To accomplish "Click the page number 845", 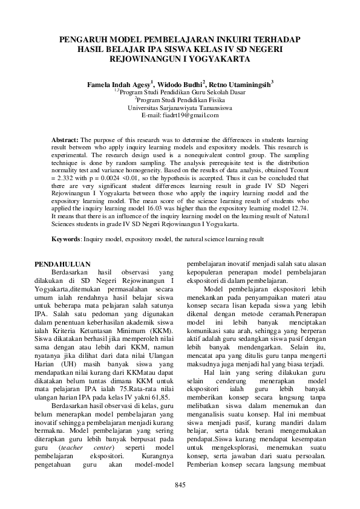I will tap(180, 485).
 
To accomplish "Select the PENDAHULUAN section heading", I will tap(62, 264).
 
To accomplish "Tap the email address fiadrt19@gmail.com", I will tap(179, 115).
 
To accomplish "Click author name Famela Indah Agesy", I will tap(118, 84).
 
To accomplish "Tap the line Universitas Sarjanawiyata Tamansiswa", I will tap(180, 107).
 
